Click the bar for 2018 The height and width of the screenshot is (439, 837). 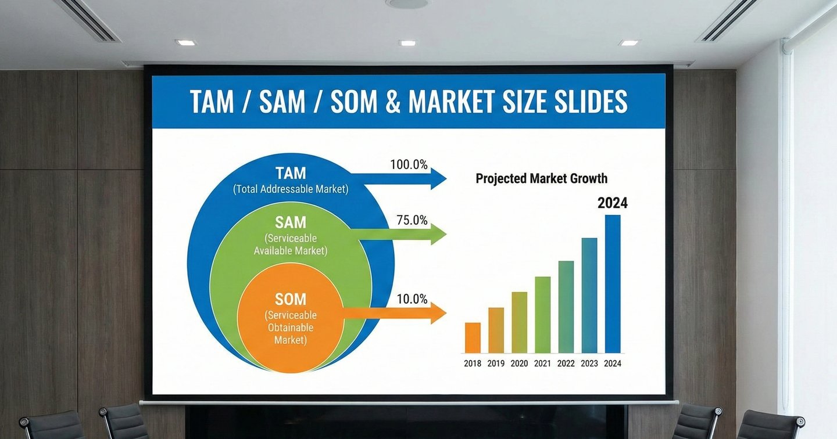(x=473, y=337)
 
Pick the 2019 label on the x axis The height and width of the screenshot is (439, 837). (x=496, y=364)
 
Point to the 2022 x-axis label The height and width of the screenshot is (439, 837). (x=566, y=364)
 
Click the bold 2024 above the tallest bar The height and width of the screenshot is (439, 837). (x=613, y=203)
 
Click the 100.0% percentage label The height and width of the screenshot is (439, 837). (x=409, y=165)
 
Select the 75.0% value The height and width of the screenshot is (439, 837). (x=412, y=221)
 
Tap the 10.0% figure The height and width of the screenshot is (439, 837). (x=412, y=300)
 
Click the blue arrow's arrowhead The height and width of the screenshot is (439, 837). (x=438, y=179)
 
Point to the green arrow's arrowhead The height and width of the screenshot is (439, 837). (x=438, y=234)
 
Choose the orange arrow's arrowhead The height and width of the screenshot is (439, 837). (x=438, y=313)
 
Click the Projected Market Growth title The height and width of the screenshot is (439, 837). (x=541, y=178)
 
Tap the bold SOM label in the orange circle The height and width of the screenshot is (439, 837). (x=291, y=299)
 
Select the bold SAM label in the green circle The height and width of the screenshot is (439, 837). (x=291, y=222)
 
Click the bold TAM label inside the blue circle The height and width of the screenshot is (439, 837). (x=291, y=173)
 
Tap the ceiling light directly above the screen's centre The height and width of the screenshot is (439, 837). (x=407, y=43)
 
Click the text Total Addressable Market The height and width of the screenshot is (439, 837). (x=291, y=189)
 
